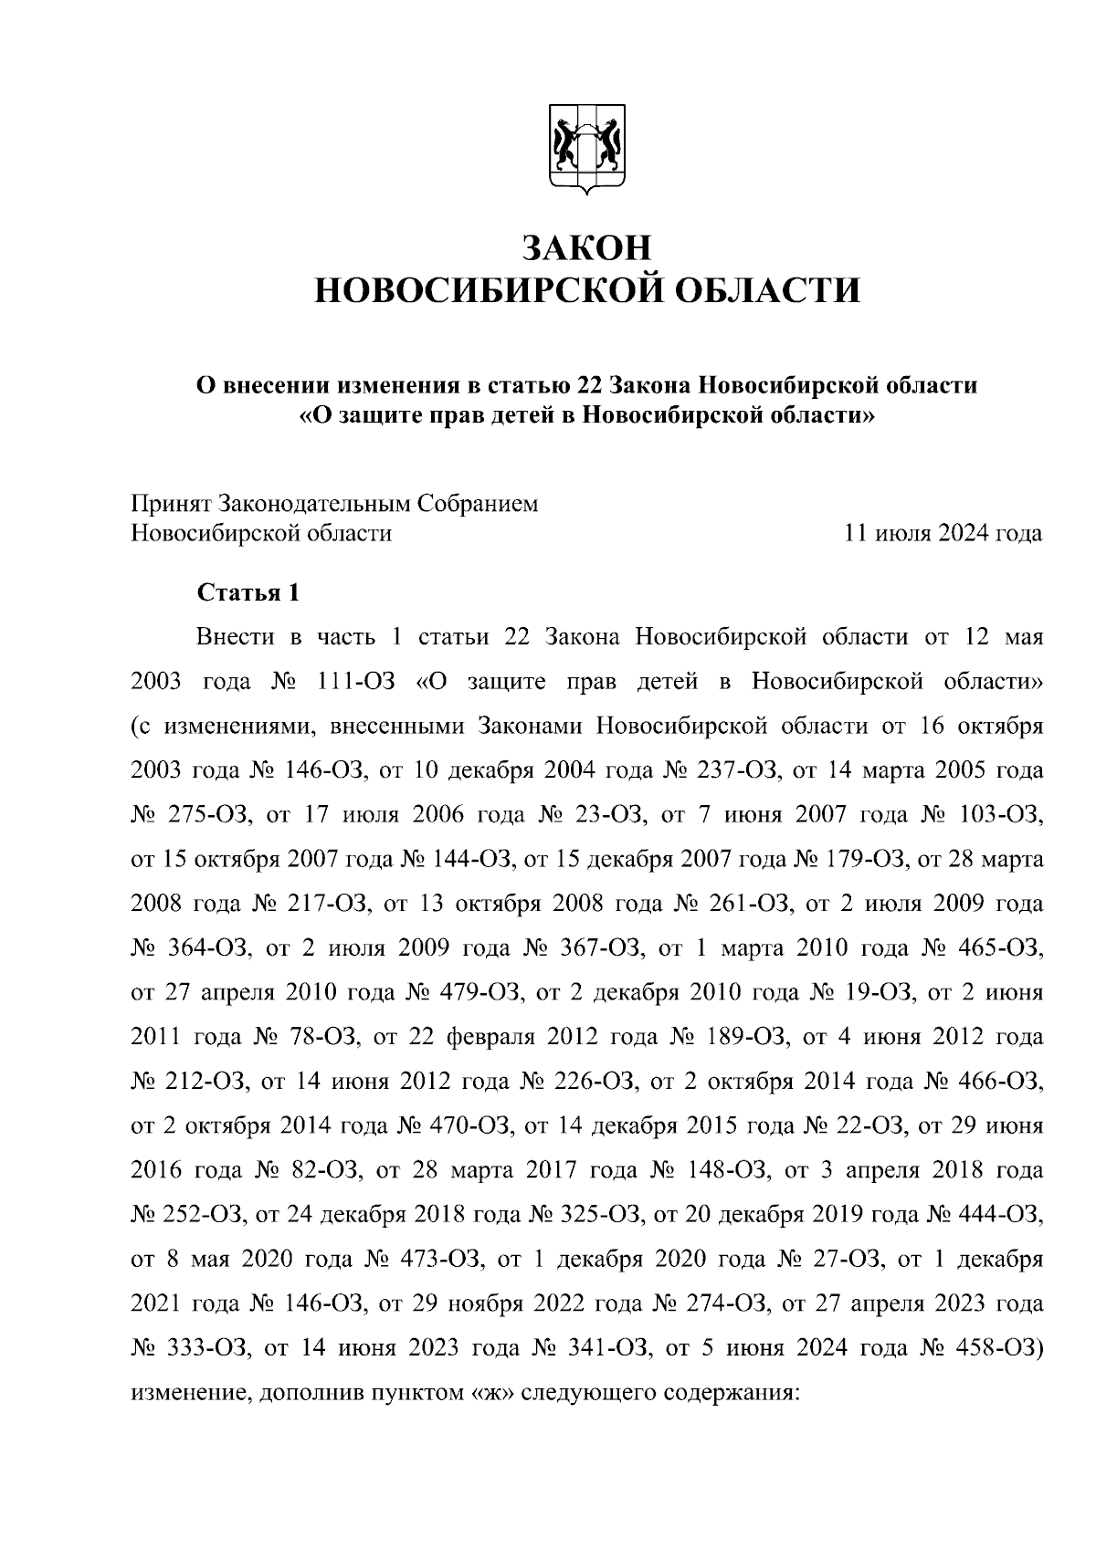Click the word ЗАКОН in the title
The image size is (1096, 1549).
click(587, 248)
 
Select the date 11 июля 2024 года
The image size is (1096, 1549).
click(943, 533)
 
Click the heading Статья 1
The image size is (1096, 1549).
click(248, 592)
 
